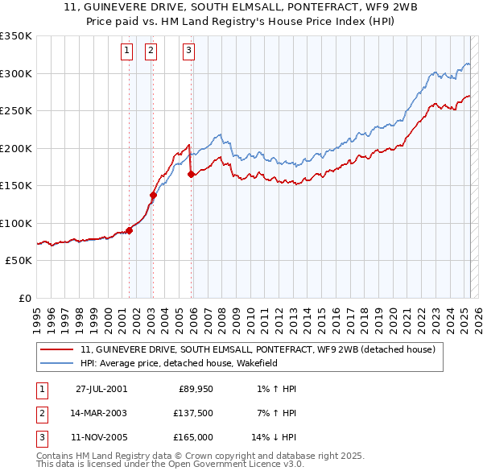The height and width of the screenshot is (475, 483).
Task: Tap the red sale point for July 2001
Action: (x=129, y=230)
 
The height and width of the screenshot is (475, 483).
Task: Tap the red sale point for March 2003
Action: (x=152, y=194)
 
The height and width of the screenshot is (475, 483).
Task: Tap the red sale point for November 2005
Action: (x=191, y=174)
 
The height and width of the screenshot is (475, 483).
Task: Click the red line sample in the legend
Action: (x=57, y=349)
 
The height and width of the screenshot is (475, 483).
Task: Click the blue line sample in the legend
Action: (x=57, y=363)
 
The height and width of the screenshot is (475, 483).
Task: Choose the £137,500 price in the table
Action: (x=194, y=413)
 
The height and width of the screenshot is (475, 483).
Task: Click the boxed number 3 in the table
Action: (x=41, y=437)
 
